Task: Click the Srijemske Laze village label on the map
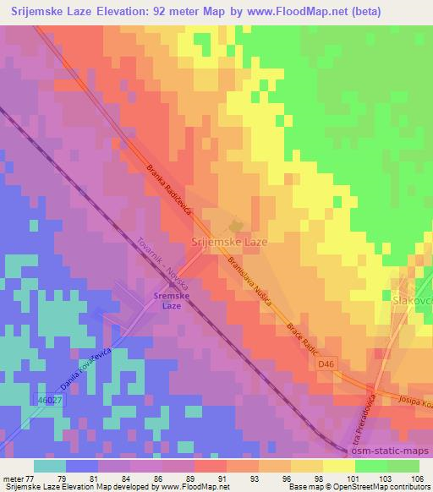[x=230, y=242]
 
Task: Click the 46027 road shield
[x=51, y=398]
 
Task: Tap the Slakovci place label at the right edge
[x=412, y=299]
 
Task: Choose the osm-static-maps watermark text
[x=391, y=450]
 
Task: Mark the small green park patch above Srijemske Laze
[x=237, y=225]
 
